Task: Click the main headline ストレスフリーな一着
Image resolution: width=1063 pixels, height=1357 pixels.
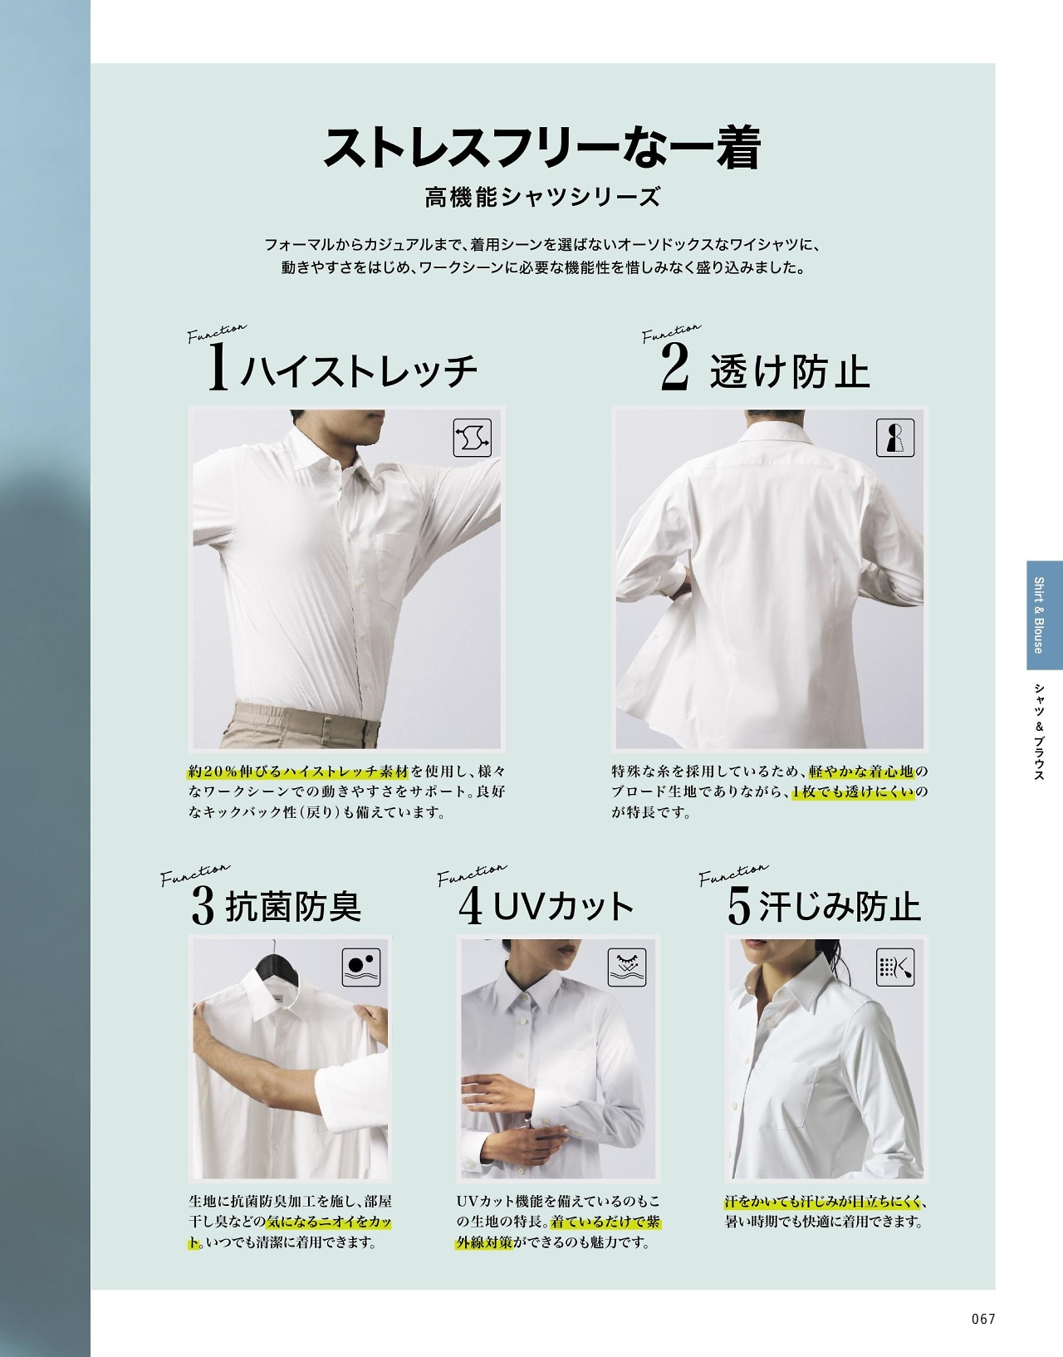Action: coord(541,148)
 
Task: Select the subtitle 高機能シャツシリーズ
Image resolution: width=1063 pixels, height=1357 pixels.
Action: coord(541,198)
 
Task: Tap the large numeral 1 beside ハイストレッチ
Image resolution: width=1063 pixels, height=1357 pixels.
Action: coord(218,368)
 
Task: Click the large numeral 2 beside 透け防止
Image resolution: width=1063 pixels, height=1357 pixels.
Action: coord(674,369)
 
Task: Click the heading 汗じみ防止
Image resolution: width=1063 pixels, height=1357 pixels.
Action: coord(840,907)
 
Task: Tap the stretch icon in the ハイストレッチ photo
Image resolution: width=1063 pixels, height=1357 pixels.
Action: coord(472,437)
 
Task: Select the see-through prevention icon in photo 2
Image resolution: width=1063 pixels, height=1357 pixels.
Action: coord(895,437)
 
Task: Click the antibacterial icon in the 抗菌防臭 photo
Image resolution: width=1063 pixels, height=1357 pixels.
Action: coord(361,968)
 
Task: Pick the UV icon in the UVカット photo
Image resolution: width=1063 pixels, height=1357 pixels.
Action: coord(627,968)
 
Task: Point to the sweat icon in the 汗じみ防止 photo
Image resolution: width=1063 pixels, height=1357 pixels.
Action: coord(895,968)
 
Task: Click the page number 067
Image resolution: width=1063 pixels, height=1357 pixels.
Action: coord(983,1319)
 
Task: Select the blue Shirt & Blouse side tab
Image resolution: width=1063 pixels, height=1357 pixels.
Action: coord(1044,615)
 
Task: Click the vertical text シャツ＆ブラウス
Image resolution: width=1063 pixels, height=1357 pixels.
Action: coord(1039,732)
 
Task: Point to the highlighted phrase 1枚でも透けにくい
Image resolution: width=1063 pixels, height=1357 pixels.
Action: coord(853,791)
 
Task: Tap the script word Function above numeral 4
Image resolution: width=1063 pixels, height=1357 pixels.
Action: coord(472,874)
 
